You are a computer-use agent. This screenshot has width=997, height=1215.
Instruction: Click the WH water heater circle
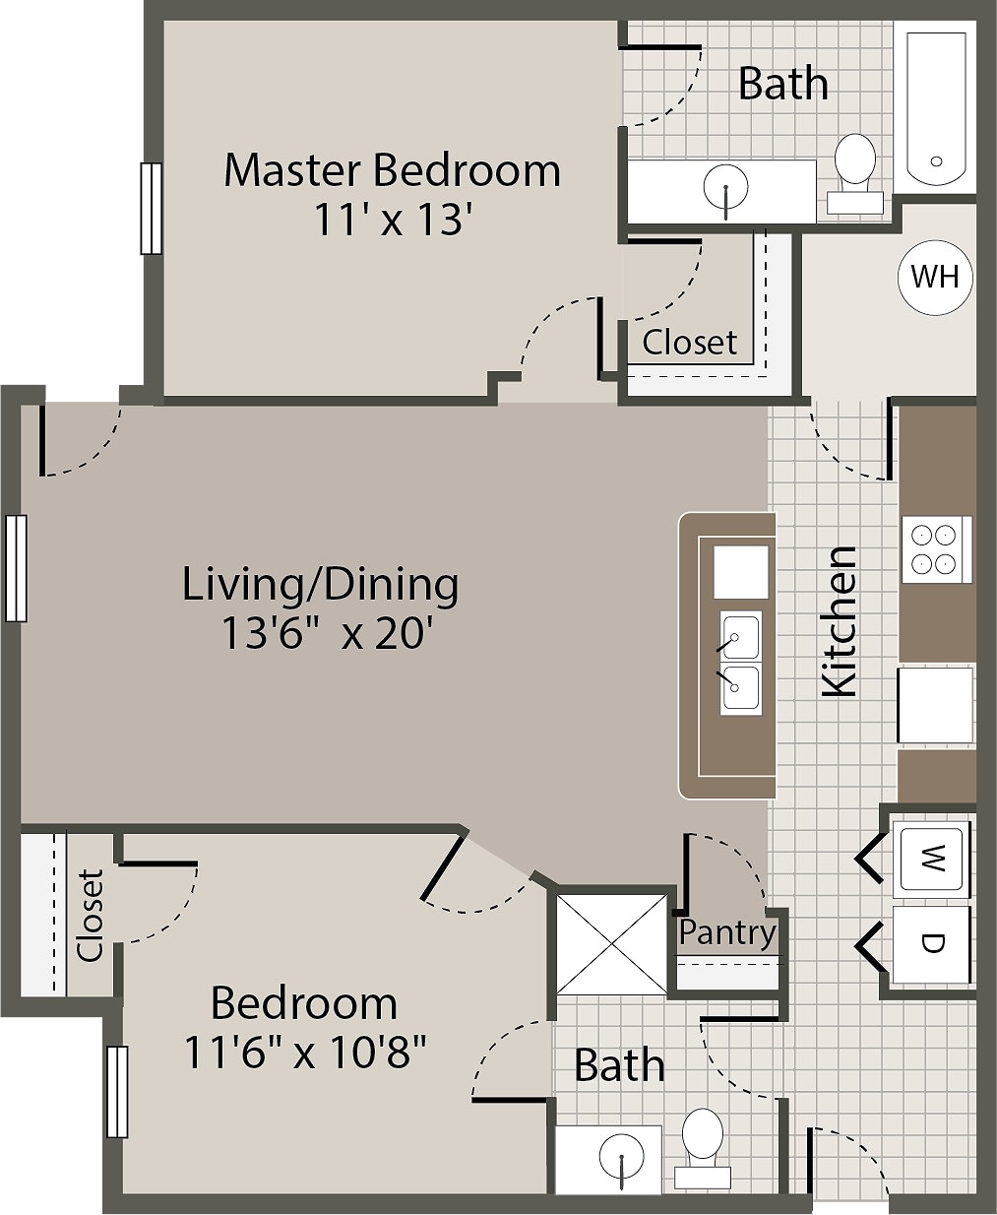934,277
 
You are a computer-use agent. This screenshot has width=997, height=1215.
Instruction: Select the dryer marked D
931,943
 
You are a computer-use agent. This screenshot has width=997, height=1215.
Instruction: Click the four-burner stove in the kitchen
934,549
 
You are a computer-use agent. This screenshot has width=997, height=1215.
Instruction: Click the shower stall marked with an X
612,943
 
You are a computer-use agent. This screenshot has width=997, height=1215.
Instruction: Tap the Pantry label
727,931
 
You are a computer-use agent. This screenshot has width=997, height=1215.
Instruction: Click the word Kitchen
840,621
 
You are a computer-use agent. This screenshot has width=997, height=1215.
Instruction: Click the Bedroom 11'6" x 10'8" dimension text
305,1053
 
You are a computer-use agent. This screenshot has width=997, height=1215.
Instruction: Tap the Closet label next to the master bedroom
689,343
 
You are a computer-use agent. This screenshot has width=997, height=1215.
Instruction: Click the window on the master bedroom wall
151,208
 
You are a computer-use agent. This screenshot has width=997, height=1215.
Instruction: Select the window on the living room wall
15,568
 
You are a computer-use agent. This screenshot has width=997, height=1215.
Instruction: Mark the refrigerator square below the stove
936,705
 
